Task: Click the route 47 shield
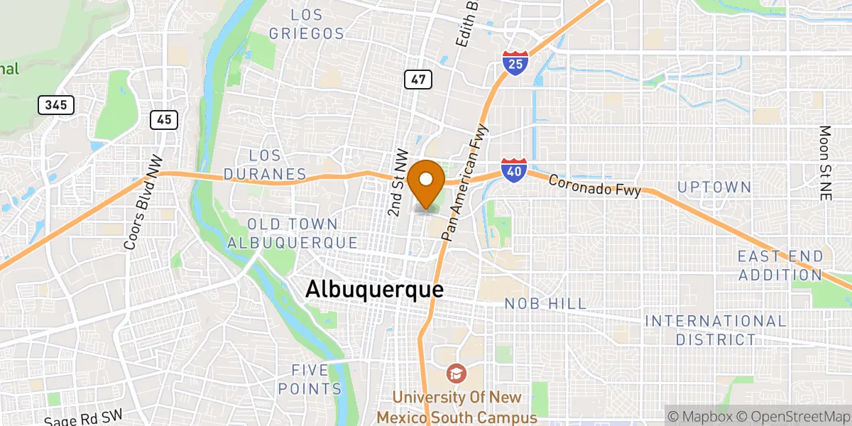coord(418,79)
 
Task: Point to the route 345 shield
coord(56,105)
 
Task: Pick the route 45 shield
coord(163,119)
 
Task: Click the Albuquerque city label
coord(374,289)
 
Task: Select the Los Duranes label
coord(265,165)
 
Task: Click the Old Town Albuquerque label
coord(293,233)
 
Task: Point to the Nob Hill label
coord(545,304)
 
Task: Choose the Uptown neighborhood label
coord(714,187)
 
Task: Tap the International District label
coord(716,330)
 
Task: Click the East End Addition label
coord(780,265)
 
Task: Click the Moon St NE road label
coord(824,163)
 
